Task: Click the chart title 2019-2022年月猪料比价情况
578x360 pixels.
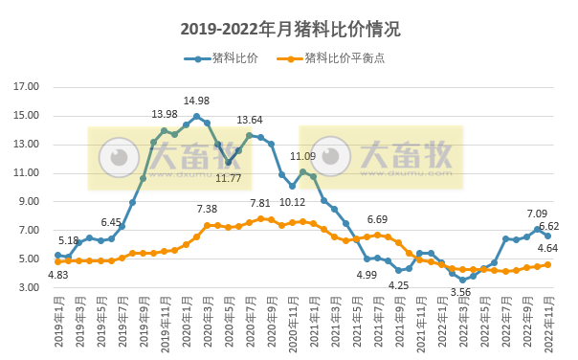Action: click(290, 30)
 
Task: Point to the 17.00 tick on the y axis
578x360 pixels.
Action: click(26, 87)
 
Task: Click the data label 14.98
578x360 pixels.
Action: click(197, 101)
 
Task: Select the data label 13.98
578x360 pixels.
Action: click(165, 115)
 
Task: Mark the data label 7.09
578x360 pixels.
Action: click(537, 214)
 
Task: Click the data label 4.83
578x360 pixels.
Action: click(57, 276)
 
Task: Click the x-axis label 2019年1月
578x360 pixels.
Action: click(58, 323)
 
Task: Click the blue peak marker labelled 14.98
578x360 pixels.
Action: click(196, 116)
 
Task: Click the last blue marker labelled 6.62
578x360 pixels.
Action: click(547, 236)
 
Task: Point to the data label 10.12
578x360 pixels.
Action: click(293, 202)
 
